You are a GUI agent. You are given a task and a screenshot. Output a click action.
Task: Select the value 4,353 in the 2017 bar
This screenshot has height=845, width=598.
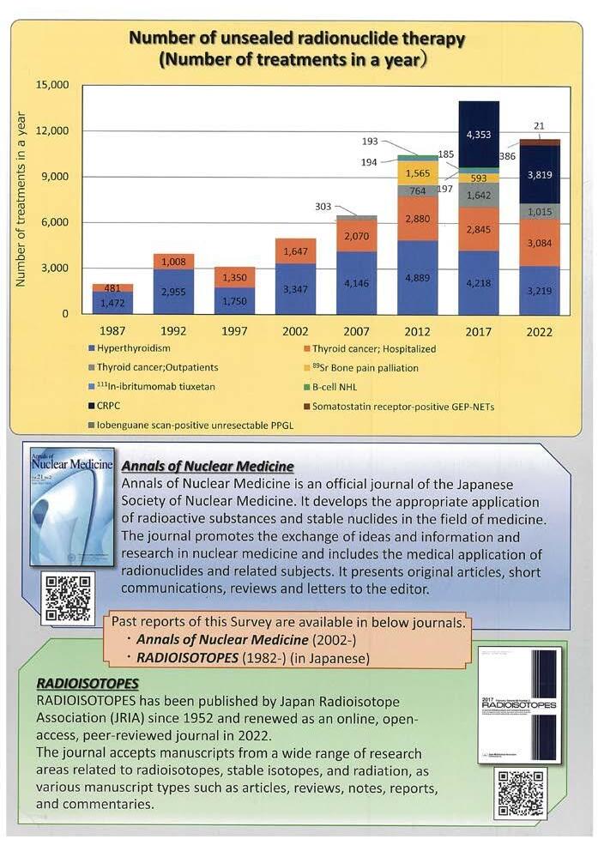(x=478, y=136)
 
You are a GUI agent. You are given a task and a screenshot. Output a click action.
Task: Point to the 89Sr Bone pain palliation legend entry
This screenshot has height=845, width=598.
(x=369, y=368)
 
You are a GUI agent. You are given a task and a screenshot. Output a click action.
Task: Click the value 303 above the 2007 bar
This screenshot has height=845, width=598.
(x=322, y=207)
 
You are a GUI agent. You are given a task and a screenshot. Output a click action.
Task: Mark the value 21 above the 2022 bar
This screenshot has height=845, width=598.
(x=538, y=126)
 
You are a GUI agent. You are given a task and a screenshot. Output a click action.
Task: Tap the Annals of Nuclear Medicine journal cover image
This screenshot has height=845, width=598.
(x=72, y=506)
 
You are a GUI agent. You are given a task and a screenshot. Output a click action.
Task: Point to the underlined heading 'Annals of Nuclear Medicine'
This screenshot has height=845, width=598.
(x=208, y=467)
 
